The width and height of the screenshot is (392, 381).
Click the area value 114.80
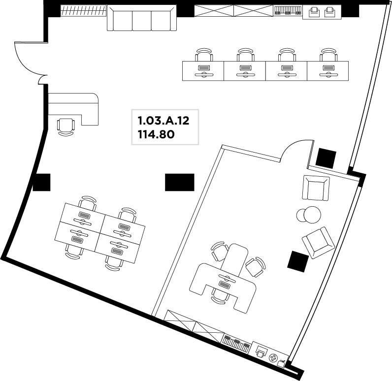[x=156, y=135]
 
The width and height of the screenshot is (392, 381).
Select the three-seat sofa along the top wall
[x=142, y=18]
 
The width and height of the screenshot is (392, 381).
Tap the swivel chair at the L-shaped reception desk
[x=66, y=127]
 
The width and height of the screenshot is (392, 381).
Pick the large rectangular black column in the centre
[x=179, y=182]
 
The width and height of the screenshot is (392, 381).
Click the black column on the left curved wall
[x=41, y=183]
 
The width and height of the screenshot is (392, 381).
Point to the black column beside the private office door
[x=326, y=159]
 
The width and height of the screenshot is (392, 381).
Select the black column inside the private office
[x=298, y=261]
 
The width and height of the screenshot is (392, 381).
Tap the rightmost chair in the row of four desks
[x=328, y=55]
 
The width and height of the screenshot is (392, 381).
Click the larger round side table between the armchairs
[x=312, y=215]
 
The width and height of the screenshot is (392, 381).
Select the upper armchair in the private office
[x=316, y=188]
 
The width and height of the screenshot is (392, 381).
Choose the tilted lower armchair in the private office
[x=318, y=242]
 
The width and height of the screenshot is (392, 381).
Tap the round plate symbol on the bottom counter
[x=273, y=358]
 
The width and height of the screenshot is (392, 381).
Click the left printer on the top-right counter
[x=314, y=12]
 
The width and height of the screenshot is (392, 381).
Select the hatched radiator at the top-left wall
[x=84, y=11]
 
